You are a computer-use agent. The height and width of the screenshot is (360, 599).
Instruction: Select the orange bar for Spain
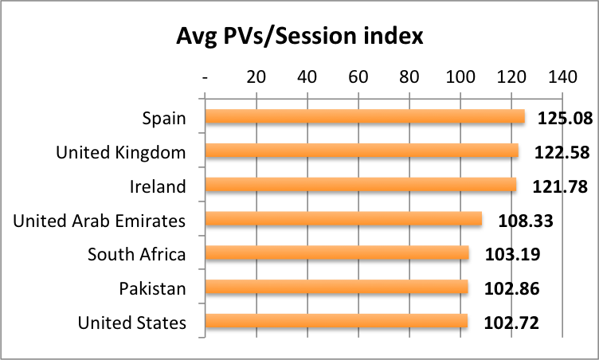[x=365, y=117]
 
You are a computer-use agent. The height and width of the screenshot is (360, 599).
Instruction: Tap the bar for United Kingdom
[x=362, y=151]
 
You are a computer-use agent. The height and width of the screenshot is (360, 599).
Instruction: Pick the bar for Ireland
[x=361, y=186]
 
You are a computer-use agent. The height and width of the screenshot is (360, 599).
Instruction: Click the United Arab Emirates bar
[x=343, y=220]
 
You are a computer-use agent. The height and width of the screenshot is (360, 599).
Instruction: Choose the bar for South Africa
[x=337, y=254]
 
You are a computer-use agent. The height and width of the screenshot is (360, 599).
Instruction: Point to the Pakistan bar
[x=336, y=288]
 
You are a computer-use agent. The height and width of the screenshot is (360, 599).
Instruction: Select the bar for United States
[x=336, y=322]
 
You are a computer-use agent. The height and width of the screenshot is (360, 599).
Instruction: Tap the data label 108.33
[x=525, y=221]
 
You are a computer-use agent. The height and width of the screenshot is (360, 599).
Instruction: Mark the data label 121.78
[x=561, y=186]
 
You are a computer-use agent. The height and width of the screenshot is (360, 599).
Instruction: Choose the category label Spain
[x=164, y=119]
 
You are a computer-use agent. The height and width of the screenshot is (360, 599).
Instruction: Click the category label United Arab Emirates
[x=100, y=221]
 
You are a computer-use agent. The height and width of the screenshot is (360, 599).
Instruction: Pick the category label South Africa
[x=137, y=255]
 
